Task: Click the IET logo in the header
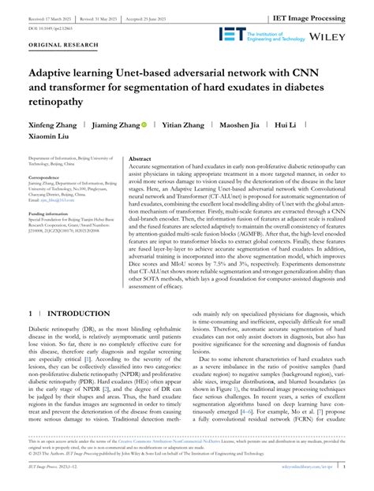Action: (232, 34)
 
